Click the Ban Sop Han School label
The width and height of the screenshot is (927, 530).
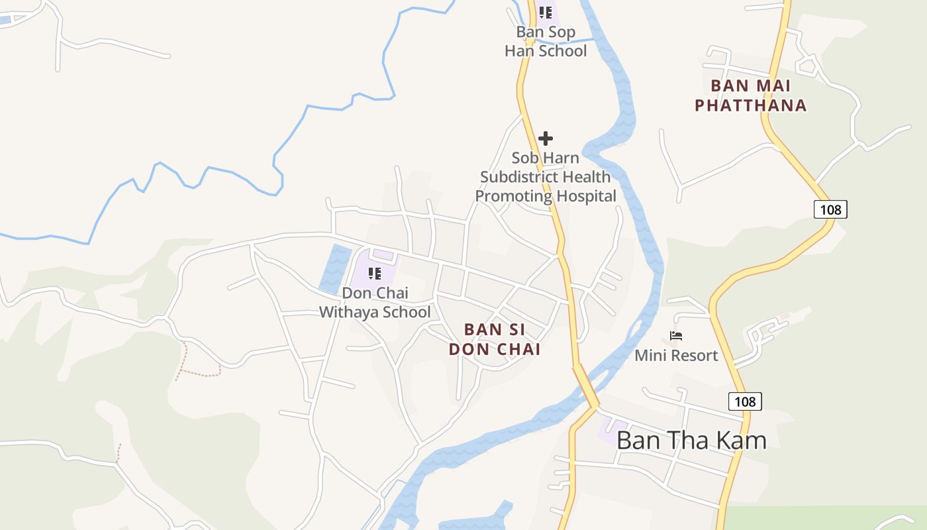pos(546,42)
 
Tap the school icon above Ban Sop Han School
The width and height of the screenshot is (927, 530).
pos(546,13)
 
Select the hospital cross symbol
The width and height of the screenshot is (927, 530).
pos(546,138)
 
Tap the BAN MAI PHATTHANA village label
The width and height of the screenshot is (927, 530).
pos(750,95)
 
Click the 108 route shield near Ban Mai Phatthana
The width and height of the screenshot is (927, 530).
pos(830,209)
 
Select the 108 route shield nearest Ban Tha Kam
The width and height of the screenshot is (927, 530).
pos(745,401)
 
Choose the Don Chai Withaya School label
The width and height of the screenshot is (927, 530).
pos(375,302)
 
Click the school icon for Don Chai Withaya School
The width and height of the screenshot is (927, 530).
pos(375,274)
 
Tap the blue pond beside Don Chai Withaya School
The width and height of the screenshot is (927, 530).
pos(336,268)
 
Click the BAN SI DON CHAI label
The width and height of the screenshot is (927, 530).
pos(494,339)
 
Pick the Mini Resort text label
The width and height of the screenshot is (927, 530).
pos(676,356)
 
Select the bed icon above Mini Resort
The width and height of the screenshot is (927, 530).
pos(676,336)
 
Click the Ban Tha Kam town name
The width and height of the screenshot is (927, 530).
pos(691,441)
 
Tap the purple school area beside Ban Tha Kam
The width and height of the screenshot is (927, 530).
pos(612,431)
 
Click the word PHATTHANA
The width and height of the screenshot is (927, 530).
pos(750,105)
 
